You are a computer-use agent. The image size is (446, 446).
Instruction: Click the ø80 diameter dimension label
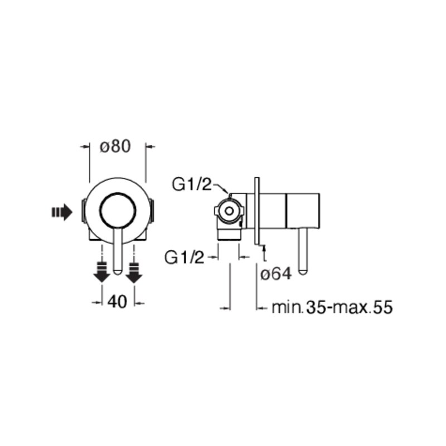[115, 147]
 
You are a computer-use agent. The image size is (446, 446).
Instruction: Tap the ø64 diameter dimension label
[276, 274]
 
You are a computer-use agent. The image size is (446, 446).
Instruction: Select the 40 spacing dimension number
[117, 302]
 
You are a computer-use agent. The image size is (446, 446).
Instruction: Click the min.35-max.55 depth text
[332, 307]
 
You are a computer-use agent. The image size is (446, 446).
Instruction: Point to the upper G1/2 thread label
[192, 185]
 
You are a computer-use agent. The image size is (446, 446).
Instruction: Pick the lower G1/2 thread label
[185, 258]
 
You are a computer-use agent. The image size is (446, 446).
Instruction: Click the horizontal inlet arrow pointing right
[62, 212]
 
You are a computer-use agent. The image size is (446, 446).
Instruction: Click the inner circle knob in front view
[118, 211]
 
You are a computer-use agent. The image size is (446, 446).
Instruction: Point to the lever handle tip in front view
[118, 272]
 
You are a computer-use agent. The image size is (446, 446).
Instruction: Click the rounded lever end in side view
[303, 271]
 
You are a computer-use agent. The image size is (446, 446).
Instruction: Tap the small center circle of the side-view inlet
[229, 211]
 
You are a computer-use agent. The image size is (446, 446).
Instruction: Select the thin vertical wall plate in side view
[257, 211]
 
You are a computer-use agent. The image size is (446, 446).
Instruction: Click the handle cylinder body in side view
[303, 211]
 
